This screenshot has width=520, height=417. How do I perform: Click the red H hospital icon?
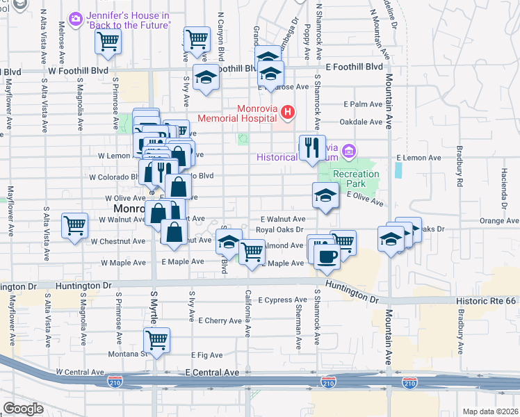[x=286, y=112]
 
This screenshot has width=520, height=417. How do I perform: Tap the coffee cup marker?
[x=326, y=256]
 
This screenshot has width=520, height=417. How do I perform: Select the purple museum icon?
[x=348, y=151]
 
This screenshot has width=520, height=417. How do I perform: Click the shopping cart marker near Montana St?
[x=157, y=341]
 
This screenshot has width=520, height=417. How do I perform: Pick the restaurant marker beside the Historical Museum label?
[x=312, y=147]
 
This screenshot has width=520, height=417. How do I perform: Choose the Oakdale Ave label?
[x=364, y=122]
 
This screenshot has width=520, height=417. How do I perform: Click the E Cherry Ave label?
[x=219, y=321]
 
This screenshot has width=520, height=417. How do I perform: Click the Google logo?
[x=24, y=408]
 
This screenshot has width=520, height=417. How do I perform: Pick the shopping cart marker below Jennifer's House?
[x=108, y=42]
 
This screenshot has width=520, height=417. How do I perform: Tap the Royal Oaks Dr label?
[x=280, y=229]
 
